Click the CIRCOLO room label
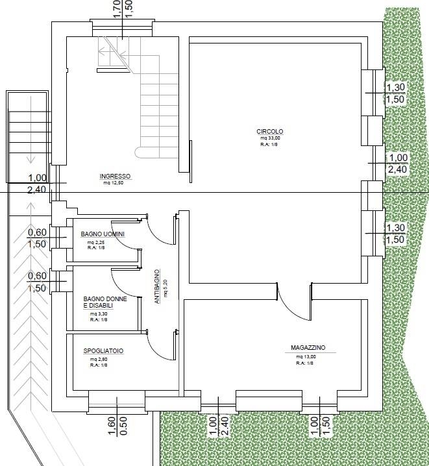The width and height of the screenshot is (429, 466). point(270,131)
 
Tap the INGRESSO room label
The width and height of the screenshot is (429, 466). point(115,177)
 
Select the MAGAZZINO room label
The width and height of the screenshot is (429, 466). point(308,347)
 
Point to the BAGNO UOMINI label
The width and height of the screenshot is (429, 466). point(103,234)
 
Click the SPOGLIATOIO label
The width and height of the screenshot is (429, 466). point(103,351)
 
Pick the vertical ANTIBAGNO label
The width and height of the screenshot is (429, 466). point(157,286)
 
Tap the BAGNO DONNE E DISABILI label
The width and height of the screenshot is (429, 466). point(105,302)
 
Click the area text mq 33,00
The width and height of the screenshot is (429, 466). point(271,138)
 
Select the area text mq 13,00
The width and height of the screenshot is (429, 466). point(306,357)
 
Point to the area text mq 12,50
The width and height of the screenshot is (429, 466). point(113,183)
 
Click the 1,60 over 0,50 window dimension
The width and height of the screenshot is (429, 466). point(117,426)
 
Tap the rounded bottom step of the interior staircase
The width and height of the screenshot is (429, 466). point(139,153)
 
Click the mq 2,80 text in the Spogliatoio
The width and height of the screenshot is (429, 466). point(99,360)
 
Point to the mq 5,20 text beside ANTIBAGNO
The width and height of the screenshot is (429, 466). point(165,288)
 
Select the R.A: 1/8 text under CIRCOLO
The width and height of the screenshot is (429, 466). point(269,145)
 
